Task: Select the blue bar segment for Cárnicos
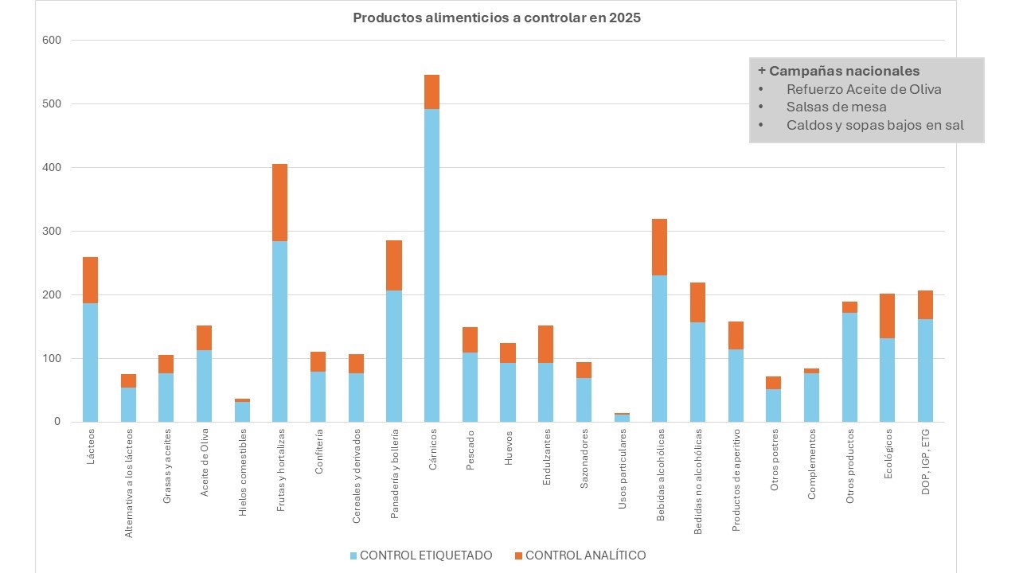431,265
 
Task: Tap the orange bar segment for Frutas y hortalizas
280,202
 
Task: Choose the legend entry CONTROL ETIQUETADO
420,555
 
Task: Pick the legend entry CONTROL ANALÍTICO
580,555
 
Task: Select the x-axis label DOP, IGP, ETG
926,462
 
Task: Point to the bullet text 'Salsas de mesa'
836,107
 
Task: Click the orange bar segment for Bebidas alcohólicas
659,247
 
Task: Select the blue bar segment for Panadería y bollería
394,356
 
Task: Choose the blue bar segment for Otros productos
849,367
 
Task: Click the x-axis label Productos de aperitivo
736,469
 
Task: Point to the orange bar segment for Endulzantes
545,344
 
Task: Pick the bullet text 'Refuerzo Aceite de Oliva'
864,89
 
